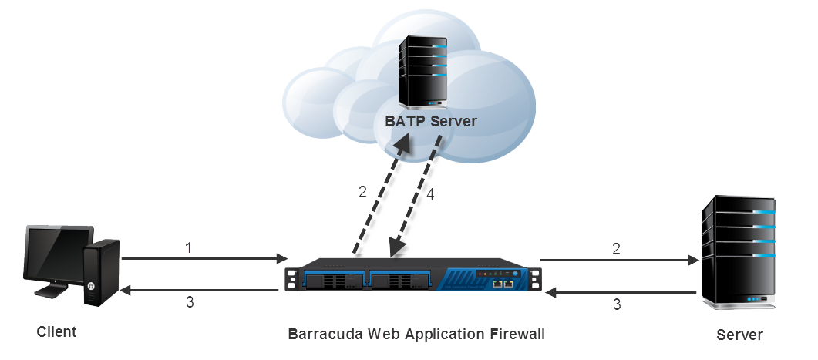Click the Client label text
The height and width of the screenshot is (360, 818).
[x=57, y=332]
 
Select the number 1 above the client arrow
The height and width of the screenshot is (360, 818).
[x=188, y=248]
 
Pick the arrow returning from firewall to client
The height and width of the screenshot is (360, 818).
[x=200, y=290]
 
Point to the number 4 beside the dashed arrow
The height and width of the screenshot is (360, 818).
[x=431, y=195]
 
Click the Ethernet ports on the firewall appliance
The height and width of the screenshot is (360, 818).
[x=503, y=284]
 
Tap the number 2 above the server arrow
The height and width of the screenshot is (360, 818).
[x=615, y=249]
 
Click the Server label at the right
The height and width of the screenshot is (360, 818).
[x=739, y=335]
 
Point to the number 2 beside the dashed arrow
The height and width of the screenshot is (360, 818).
[x=362, y=192]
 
